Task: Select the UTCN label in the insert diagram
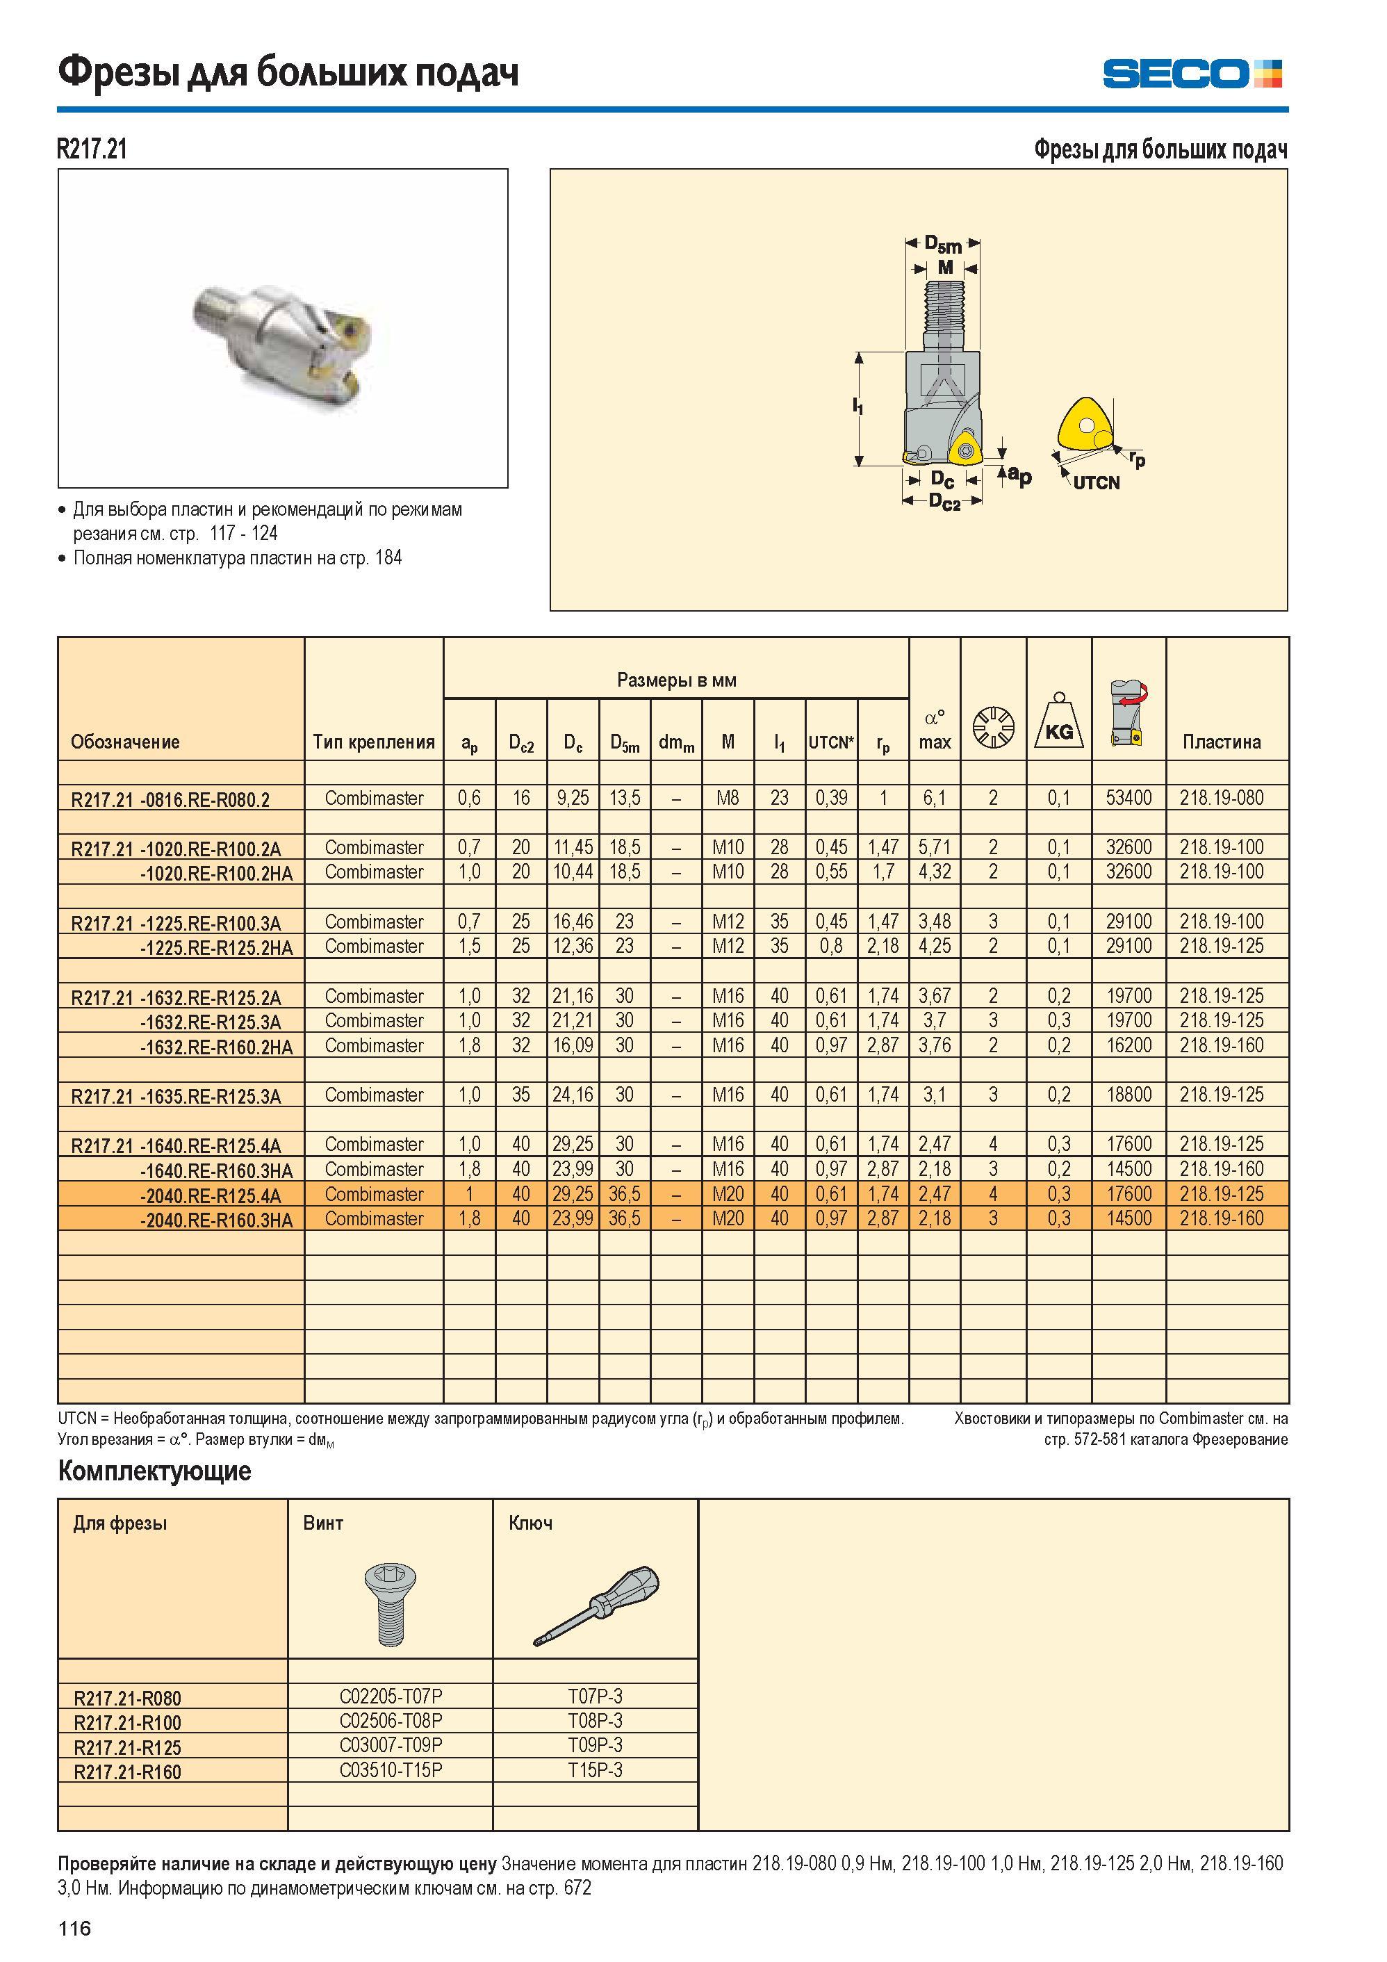click(x=1097, y=483)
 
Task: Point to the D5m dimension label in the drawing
click(x=944, y=245)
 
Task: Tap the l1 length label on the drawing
click(x=857, y=407)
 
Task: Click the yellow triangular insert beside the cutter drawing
click(x=1087, y=425)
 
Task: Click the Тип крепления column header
click(x=373, y=742)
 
